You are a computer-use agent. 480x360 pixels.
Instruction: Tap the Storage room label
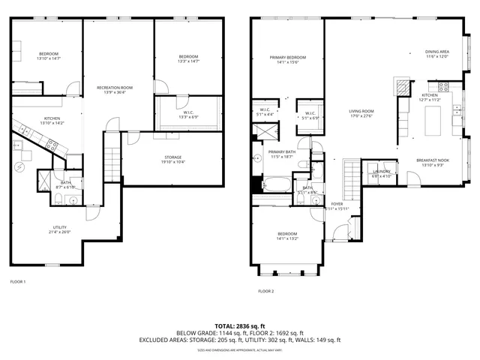tap(173, 157)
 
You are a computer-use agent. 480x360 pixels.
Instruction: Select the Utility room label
tap(59, 228)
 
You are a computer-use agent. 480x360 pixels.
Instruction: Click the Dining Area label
tap(437, 52)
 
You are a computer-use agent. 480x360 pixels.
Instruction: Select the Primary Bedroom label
tap(288, 58)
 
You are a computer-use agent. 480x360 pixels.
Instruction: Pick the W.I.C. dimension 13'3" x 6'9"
tap(188, 117)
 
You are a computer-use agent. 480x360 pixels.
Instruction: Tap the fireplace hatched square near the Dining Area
tap(403, 85)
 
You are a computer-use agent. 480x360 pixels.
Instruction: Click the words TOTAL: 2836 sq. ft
tap(239, 325)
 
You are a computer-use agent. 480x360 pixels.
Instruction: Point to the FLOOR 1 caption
tap(18, 281)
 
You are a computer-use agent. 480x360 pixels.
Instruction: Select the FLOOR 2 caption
tap(266, 291)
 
